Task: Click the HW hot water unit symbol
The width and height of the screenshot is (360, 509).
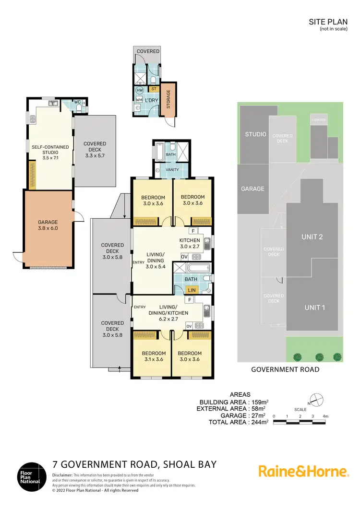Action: click(140, 90)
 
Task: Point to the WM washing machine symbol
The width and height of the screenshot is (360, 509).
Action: click(139, 99)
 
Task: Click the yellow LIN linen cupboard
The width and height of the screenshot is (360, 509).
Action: click(191, 290)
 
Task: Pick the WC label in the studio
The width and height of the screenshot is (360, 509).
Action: click(77, 102)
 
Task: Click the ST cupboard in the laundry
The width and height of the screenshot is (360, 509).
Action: click(154, 89)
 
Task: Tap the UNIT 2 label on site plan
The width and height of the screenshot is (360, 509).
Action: click(312, 237)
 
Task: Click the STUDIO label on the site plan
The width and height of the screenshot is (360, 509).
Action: click(255, 134)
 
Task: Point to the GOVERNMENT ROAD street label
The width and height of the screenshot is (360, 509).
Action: click(286, 369)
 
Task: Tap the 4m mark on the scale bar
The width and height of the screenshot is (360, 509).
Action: click(325, 416)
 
